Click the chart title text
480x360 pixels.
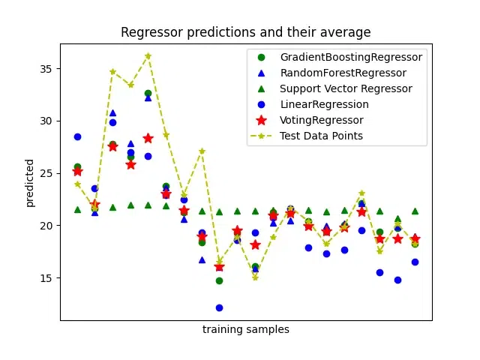[246, 32]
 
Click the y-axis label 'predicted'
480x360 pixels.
[30, 182]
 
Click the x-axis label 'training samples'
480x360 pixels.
[246, 329]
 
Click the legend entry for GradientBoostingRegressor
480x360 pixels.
[351, 57]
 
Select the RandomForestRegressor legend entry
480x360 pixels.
[343, 73]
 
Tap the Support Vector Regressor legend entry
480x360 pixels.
[346, 88]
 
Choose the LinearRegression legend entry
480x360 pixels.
[324, 104]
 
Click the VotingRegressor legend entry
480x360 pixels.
[321, 120]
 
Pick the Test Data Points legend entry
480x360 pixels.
[321, 136]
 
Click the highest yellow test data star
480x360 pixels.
[148, 55]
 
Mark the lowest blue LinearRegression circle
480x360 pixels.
[219, 307]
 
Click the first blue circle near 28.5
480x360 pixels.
[77, 136]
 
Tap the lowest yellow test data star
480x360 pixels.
[255, 277]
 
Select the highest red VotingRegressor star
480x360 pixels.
[148, 138]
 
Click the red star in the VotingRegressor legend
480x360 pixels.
[261, 120]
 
